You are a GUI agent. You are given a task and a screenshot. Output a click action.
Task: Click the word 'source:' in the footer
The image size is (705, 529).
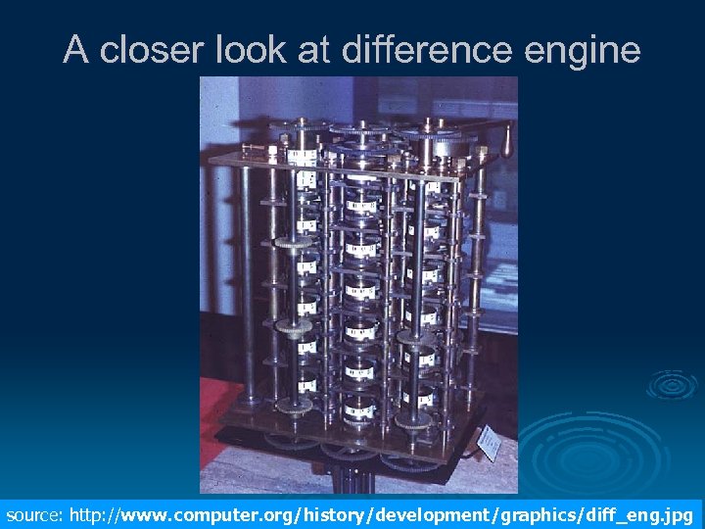pos(34,514)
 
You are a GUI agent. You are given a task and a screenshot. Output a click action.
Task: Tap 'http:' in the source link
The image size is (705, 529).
pos(90,514)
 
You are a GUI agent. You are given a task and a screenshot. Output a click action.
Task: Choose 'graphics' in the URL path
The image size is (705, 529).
pos(528,514)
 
